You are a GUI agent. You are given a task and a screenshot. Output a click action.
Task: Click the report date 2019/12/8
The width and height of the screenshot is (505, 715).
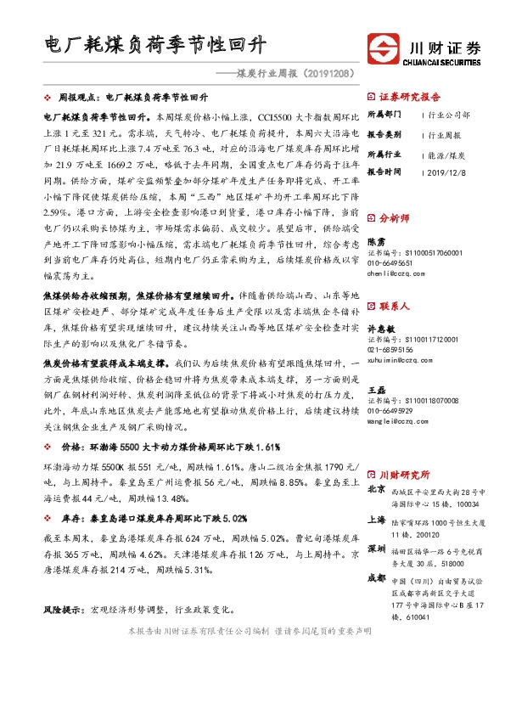click(446, 171)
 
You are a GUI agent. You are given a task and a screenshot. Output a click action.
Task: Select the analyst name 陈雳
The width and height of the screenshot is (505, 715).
click(375, 241)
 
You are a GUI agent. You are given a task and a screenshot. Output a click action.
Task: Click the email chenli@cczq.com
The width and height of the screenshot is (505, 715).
click(390, 274)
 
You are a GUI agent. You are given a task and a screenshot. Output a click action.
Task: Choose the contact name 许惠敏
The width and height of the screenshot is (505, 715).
click(380, 327)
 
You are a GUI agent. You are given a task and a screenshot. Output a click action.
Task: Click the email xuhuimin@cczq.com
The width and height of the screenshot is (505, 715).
click(395, 360)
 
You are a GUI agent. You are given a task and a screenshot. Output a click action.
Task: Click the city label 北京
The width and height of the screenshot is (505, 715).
click(376, 490)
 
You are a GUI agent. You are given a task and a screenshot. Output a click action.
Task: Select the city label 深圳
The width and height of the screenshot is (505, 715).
click(376, 549)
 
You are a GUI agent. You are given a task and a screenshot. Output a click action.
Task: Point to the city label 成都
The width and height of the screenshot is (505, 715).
click(376, 578)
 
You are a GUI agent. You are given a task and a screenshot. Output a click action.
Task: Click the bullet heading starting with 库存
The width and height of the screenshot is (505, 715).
click(149, 517)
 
